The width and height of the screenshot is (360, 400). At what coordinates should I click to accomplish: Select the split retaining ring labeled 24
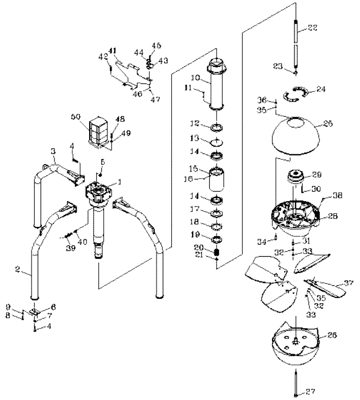(x=295, y=96)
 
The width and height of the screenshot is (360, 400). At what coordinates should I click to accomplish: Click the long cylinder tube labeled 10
(x=216, y=86)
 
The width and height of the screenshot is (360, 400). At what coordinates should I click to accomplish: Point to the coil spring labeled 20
(x=216, y=253)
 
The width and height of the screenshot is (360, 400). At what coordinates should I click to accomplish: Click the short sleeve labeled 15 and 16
(x=216, y=182)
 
